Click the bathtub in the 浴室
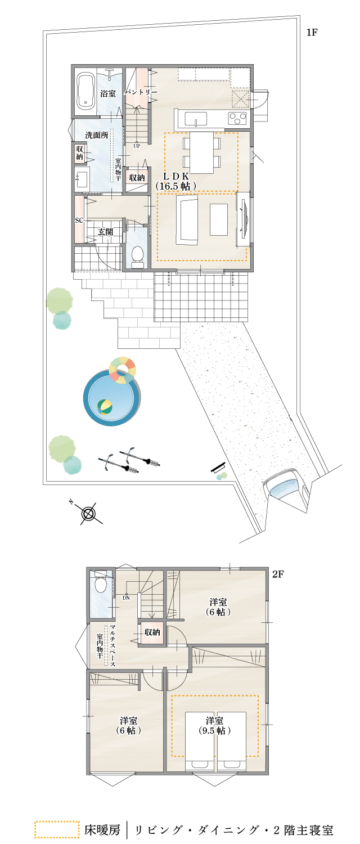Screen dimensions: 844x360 86,91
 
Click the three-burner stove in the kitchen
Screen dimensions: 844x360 237,118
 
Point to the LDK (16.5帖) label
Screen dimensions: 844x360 175,181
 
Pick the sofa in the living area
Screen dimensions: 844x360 187,219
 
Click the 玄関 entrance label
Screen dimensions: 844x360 105,231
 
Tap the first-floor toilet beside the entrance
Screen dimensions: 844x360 137,257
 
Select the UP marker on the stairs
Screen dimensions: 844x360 137,146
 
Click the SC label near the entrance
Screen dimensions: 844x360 79,220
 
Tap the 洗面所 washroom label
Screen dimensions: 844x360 97,136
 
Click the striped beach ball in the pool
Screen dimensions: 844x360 104,406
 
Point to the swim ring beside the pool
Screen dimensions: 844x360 123,370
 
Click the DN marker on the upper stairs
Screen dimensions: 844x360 126,598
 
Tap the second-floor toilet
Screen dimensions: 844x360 101,585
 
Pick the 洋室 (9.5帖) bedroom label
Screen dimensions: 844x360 214,726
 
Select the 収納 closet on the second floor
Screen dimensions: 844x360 152,632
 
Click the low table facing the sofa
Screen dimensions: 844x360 218,219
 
